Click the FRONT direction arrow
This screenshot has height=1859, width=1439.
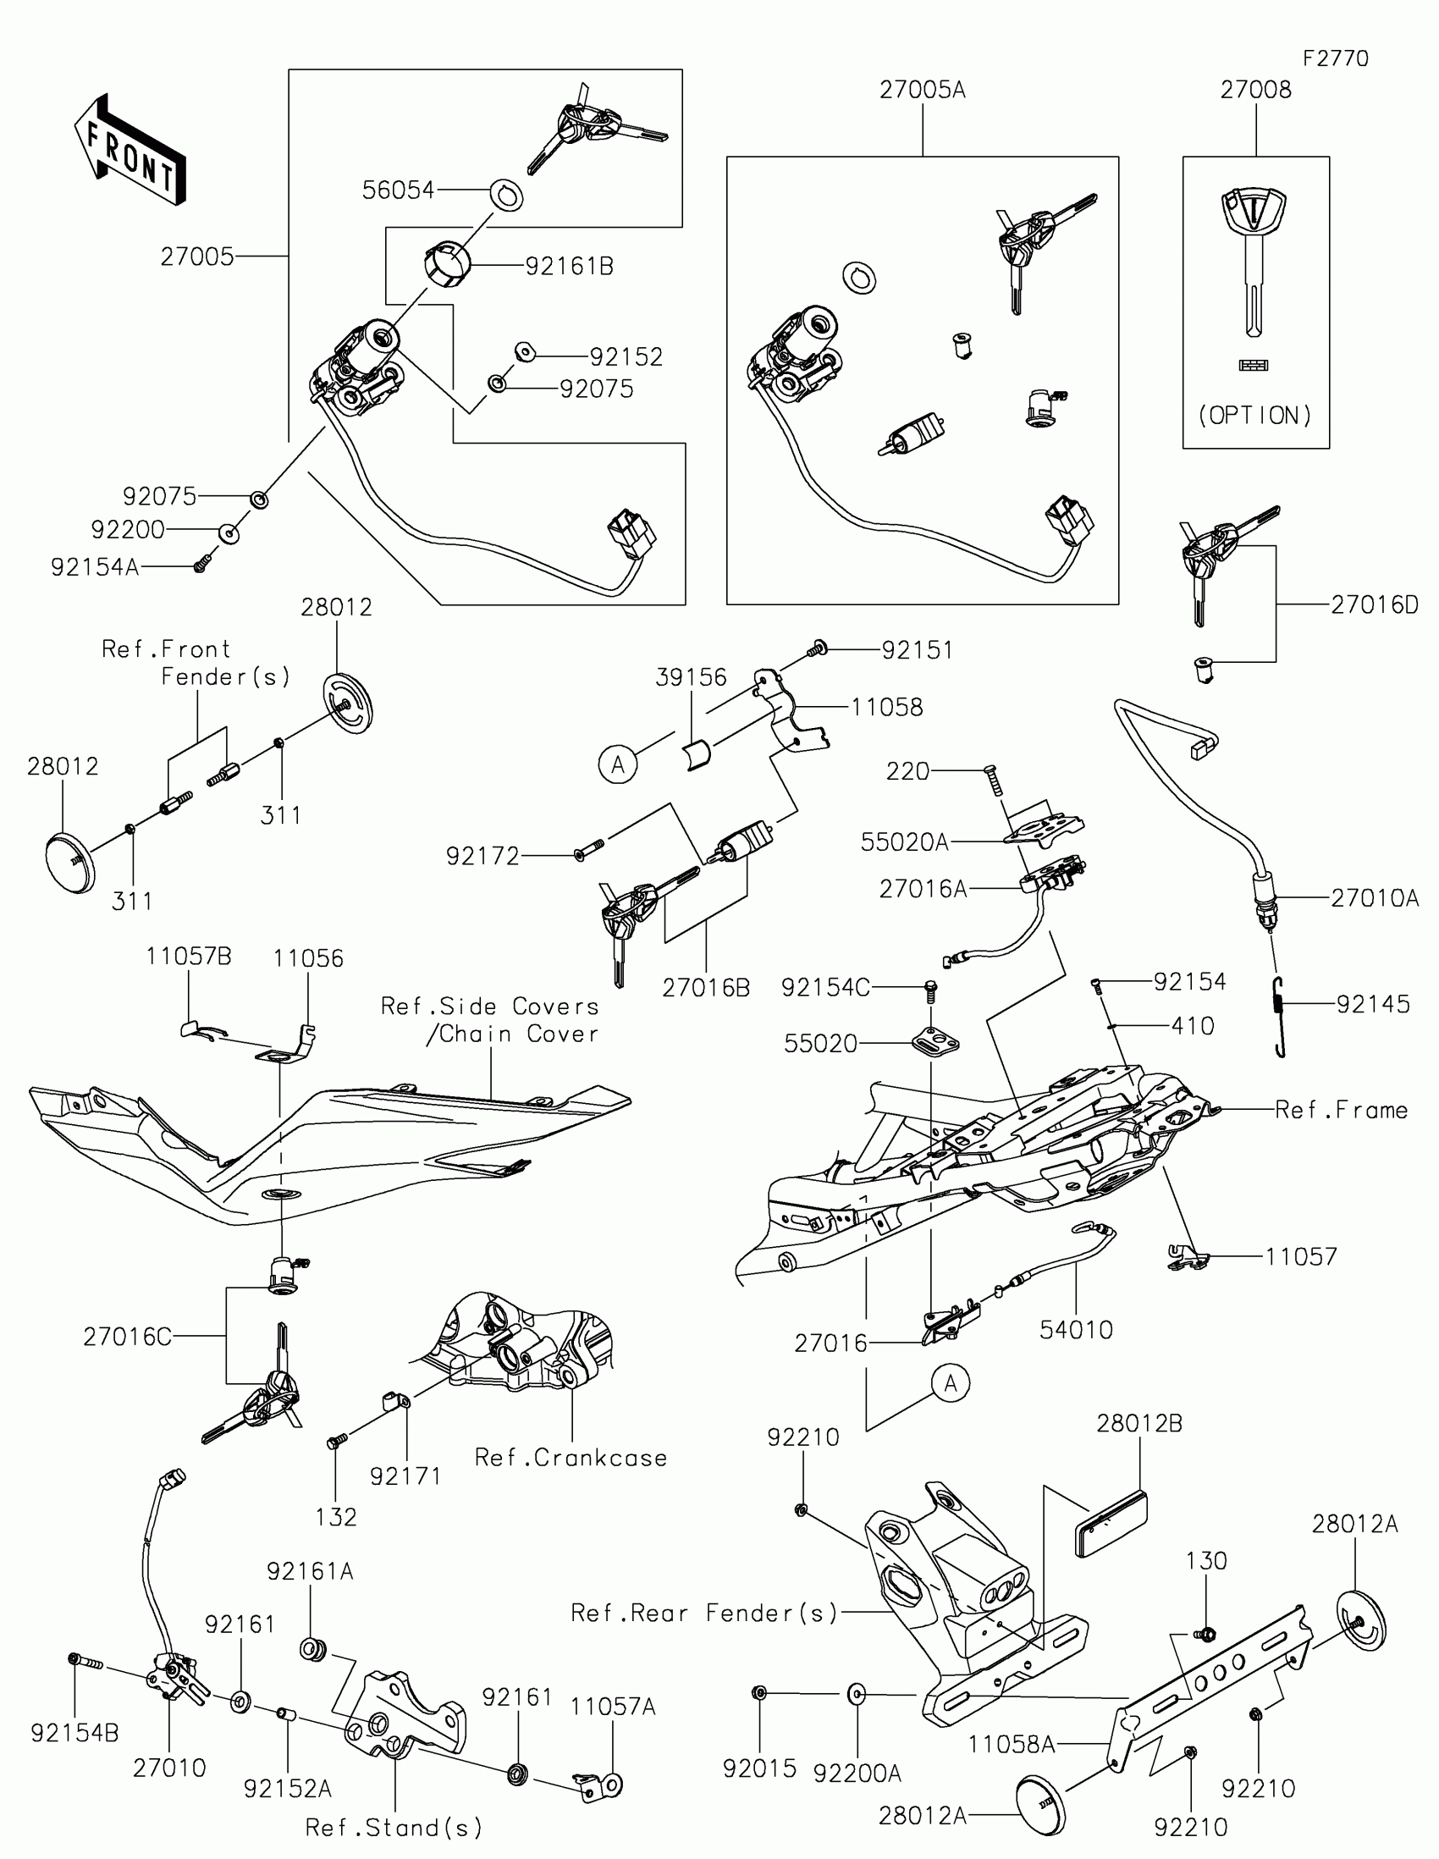coord(130,150)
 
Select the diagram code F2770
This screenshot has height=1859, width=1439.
coord(1335,58)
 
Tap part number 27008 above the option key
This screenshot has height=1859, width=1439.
coord(1255,90)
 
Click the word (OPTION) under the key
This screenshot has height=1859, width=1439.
coord(1255,416)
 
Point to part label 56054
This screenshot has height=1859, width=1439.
coord(397,190)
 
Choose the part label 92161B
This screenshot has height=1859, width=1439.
coord(570,267)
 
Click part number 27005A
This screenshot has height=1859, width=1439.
coord(923,90)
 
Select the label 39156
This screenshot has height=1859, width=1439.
coord(691,677)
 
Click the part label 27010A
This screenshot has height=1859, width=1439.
coord(1375,898)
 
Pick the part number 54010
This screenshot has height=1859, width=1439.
coord(1076,1330)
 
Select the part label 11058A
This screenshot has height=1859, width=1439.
coord(1011,1745)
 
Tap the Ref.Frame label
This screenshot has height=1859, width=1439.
coord(1341,1110)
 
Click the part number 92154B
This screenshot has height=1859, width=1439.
coord(74,1733)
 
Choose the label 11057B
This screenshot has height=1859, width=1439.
coord(188,956)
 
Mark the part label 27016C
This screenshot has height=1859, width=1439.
coord(127,1338)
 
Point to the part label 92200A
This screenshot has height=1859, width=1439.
coord(857,1773)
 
